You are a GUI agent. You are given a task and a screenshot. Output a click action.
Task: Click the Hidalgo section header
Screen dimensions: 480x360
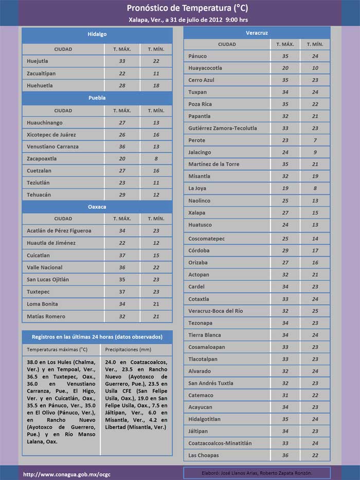97,34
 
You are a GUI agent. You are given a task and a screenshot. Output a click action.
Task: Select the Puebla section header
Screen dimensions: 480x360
97,97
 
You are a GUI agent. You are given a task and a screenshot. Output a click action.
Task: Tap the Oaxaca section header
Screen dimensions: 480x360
97,206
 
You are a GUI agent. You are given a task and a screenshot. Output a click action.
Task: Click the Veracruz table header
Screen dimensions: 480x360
257,32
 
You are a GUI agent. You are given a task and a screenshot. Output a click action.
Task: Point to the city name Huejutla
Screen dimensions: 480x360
38,61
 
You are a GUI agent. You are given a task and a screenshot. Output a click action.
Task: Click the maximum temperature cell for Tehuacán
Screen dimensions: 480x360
122,195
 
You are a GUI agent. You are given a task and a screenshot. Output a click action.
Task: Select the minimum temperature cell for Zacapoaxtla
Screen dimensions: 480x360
156,158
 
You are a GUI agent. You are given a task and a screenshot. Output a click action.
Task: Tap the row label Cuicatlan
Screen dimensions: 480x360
39,255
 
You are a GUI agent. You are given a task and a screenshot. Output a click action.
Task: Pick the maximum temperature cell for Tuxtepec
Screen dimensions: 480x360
122,292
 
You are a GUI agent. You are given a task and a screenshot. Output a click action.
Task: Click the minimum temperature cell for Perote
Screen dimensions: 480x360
315,140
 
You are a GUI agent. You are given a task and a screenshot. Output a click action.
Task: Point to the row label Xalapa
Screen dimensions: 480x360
196,213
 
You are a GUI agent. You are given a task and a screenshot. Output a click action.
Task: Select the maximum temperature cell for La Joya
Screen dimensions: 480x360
285,189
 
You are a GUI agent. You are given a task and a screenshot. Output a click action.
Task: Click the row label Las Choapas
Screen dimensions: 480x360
203,455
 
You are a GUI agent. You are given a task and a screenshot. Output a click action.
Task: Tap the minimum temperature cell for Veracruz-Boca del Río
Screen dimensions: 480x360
315,311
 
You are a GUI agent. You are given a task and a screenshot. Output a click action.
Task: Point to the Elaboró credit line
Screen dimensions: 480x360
256,473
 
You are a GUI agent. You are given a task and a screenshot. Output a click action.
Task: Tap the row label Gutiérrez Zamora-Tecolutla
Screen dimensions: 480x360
222,128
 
